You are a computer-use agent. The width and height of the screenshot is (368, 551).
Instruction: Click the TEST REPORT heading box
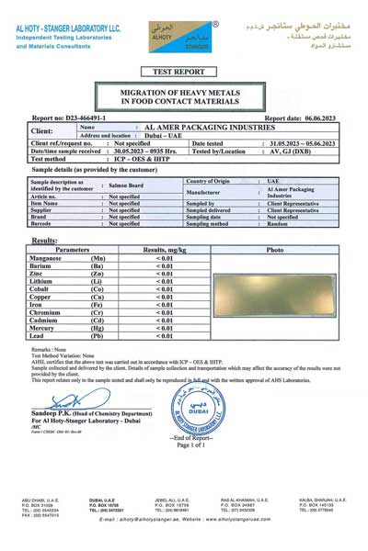pos(183,71)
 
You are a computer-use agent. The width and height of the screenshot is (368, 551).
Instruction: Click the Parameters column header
pos(72,250)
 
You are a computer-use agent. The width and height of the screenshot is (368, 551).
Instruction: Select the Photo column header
pos(274,250)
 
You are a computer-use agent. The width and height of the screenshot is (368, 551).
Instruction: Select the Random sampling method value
pos(277,223)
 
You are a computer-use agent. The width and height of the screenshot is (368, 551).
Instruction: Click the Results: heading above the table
pos(45,240)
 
